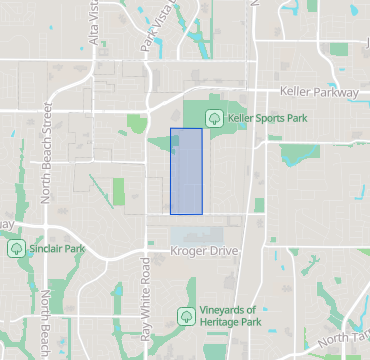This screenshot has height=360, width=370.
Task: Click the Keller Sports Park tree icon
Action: click(x=214, y=118)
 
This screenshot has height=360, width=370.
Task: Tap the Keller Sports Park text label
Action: click(x=267, y=118)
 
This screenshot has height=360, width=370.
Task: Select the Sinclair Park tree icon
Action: click(x=16, y=247)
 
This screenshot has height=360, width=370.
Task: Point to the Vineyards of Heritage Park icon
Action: click(x=185, y=316)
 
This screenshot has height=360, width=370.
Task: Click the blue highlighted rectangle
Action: click(x=186, y=170)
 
